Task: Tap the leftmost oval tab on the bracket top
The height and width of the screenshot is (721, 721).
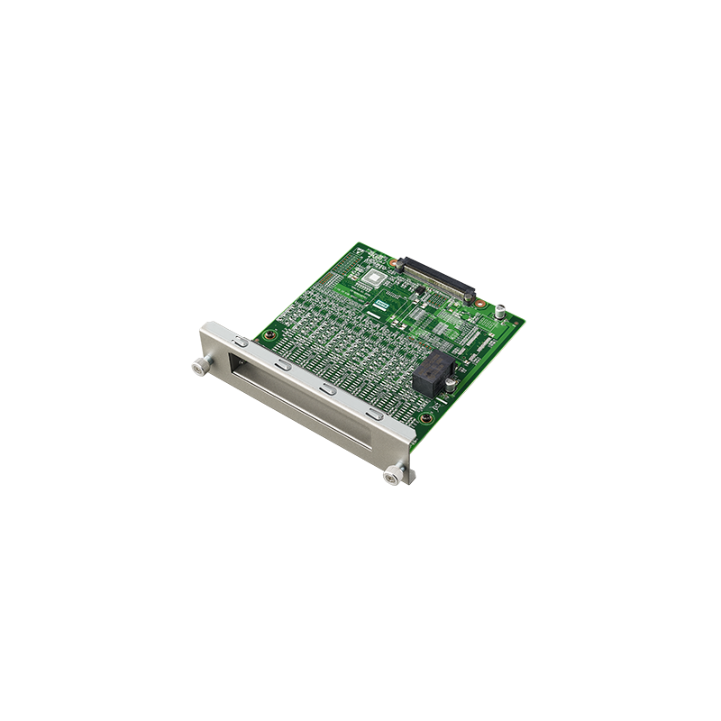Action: [239, 342]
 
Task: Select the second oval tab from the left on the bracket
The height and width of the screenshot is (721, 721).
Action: [282, 366]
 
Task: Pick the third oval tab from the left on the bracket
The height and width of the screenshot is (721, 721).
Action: [327, 390]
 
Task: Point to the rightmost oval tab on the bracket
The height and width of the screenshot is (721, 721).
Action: [373, 415]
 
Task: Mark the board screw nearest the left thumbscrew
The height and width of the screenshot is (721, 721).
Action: [267, 338]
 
